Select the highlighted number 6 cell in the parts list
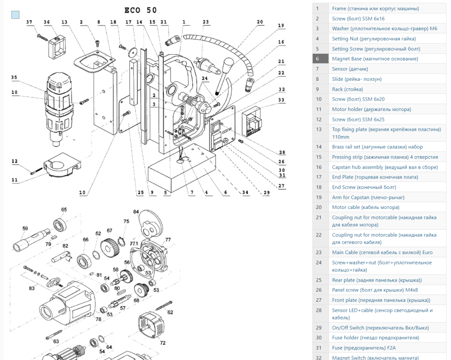[318, 59]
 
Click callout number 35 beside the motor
[14, 78]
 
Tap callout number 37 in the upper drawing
[29, 22]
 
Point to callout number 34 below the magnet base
[245, 193]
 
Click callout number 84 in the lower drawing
[136, 212]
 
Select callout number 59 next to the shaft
[25, 228]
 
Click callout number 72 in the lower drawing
[162, 343]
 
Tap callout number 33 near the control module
[281, 100]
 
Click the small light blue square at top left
[15, 14]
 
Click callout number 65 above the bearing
[64, 210]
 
